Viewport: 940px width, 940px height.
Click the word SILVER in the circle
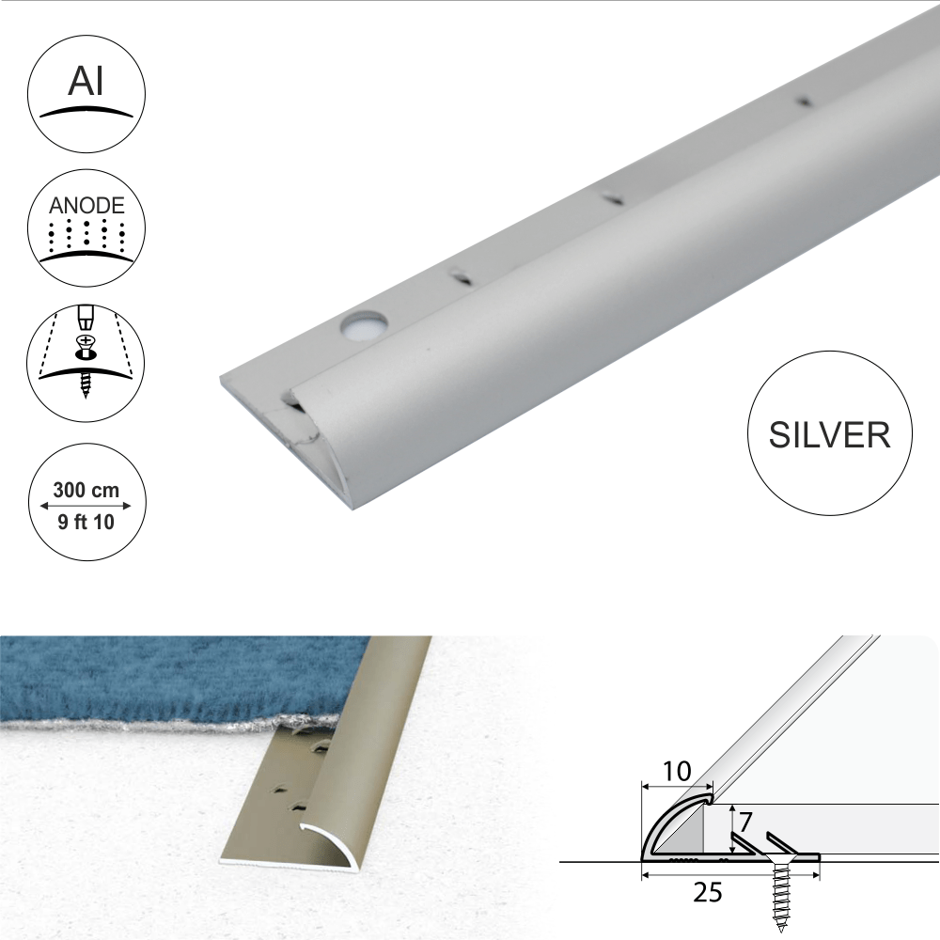click(x=830, y=434)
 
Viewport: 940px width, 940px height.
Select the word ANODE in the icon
click(x=86, y=206)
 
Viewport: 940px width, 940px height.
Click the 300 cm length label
click(x=86, y=490)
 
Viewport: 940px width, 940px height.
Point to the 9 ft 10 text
click(x=86, y=522)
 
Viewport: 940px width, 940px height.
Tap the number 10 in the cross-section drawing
click(x=676, y=772)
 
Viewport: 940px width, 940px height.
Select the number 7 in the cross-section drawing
click(x=744, y=822)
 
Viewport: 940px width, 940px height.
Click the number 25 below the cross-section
click(x=708, y=893)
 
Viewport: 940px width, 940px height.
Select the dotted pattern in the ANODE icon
click(x=86, y=235)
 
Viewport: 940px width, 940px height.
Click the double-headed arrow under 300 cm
click(x=86, y=506)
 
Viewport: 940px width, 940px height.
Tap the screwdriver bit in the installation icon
click(x=86, y=317)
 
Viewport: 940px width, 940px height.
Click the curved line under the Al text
click(x=86, y=112)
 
